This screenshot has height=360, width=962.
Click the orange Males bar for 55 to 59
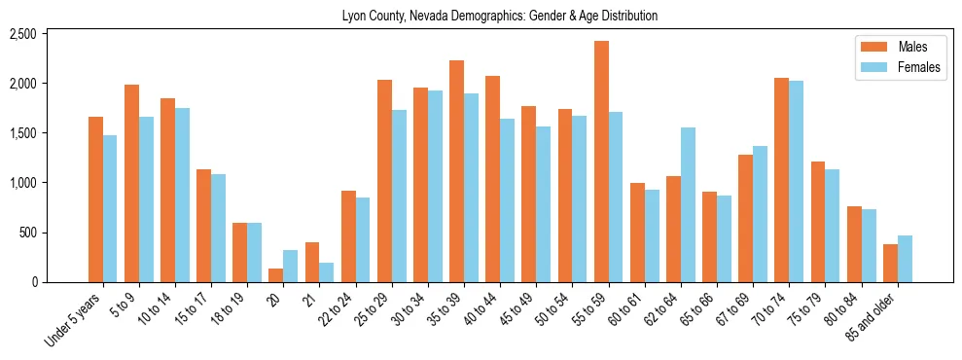(602, 162)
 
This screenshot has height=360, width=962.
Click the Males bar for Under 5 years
(95, 199)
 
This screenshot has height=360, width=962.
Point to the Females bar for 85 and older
(905, 259)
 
